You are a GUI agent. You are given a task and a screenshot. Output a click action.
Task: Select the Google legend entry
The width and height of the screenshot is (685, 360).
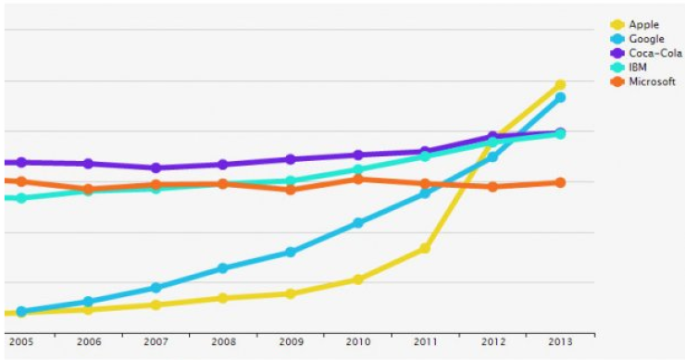click(x=646, y=39)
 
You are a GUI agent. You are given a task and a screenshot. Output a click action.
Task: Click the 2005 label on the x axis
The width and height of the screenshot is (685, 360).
click(x=21, y=341)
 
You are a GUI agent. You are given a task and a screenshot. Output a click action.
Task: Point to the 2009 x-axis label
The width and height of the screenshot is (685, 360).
click(x=291, y=341)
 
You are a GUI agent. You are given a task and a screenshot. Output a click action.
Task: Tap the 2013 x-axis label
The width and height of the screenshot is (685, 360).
click(x=560, y=341)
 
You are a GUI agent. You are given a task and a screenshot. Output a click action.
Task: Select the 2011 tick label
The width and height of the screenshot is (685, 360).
click(x=425, y=341)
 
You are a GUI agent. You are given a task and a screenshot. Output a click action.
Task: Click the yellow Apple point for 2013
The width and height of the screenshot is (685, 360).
click(x=560, y=85)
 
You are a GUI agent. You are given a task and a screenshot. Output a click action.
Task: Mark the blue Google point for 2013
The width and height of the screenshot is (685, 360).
click(x=560, y=97)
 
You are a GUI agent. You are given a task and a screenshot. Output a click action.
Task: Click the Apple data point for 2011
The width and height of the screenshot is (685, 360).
click(x=425, y=248)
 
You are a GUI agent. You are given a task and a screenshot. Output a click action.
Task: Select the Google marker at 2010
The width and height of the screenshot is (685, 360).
click(x=358, y=223)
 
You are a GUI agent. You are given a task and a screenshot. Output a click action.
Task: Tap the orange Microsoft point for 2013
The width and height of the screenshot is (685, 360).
click(x=560, y=182)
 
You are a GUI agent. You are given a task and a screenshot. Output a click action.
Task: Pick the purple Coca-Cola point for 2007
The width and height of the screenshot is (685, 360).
click(x=156, y=168)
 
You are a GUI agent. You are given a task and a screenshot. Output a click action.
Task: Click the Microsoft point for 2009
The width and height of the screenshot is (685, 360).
click(x=291, y=190)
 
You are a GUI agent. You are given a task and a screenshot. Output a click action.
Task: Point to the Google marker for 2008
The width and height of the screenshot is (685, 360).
click(x=223, y=268)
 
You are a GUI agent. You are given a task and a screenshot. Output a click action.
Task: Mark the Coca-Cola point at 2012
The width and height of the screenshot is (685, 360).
click(x=492, y=137)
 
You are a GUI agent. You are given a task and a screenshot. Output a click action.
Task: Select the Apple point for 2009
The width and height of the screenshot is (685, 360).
click(x=291, y=293)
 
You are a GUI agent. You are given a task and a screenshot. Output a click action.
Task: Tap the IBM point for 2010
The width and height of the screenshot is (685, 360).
click(x=358, y=169)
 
